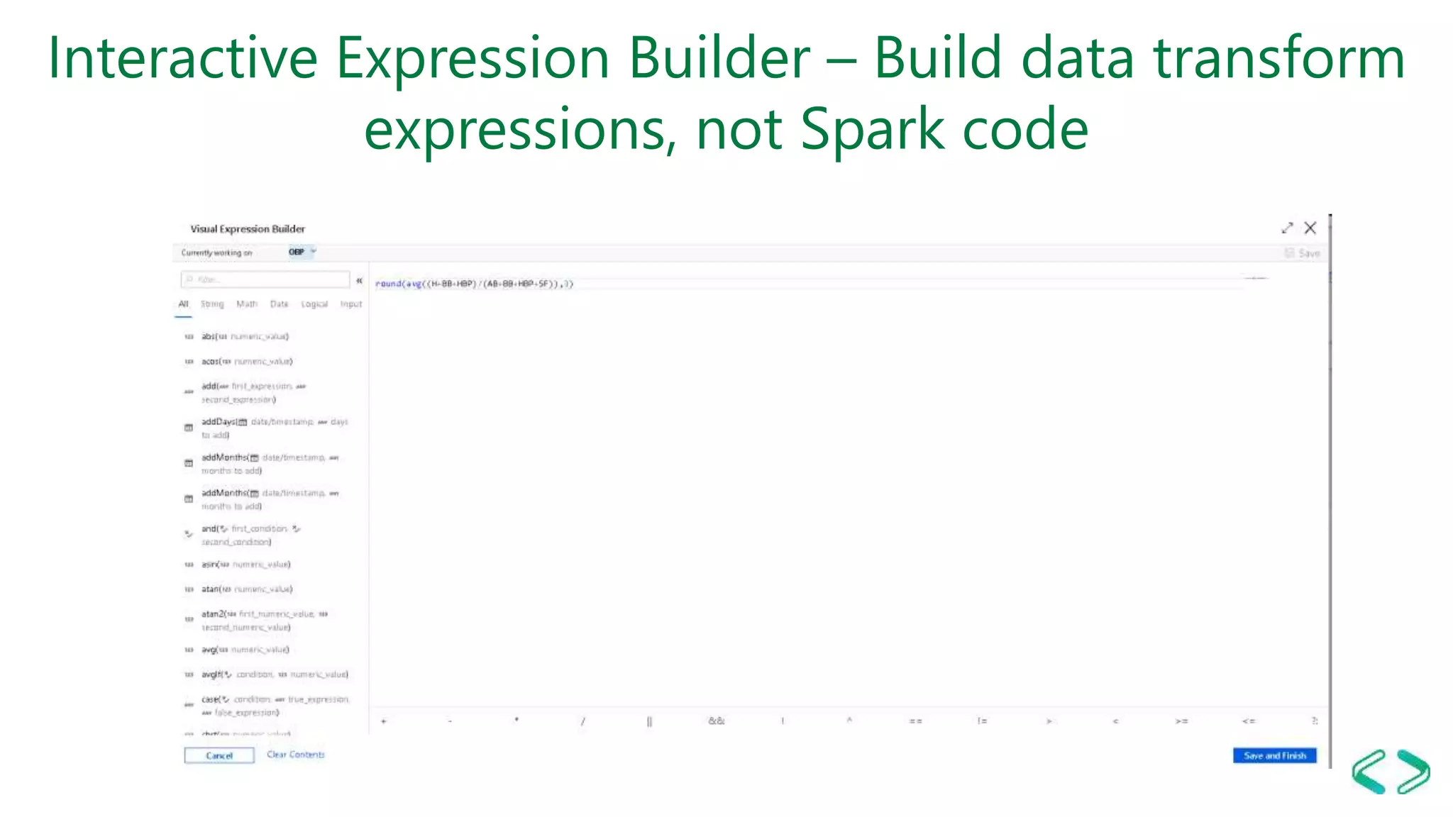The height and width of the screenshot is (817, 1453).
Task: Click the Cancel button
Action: pos(219,755)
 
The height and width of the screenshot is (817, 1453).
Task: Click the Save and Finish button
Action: pos(1274,755)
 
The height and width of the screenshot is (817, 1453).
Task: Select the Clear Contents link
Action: pos(296,755)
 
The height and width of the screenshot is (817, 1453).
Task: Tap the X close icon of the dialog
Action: pos(1310,228)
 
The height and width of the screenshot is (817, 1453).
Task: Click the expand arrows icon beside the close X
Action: pos(1287,228)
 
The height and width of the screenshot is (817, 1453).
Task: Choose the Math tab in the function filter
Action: pos(247,304)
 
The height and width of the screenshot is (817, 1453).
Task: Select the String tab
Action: pos(212,304)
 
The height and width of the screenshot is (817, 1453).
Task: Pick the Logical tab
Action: pos(314,304)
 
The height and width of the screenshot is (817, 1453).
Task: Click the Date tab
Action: pos(279,304)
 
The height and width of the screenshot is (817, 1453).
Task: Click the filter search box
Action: pos(265,279)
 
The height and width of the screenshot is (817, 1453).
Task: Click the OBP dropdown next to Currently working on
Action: pos(302,252)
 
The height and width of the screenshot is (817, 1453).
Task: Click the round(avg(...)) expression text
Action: pos(474,284)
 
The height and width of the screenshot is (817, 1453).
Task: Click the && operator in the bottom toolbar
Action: pos(717,721)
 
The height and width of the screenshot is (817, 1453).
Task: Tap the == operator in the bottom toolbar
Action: pos(916,721)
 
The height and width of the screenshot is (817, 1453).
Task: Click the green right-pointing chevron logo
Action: pos(1413,771)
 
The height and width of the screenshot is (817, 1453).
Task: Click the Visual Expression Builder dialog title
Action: pos(248,229)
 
